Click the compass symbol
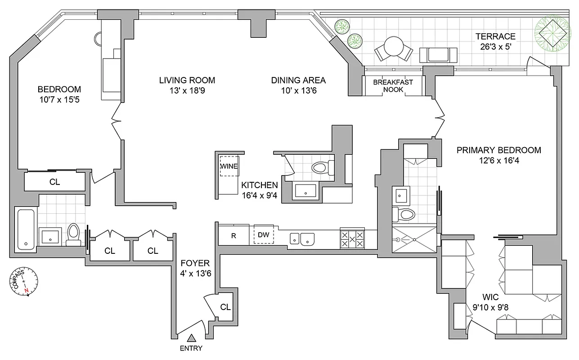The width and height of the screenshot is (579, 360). tap(24, 283)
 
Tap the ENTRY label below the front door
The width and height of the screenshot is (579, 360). tap(191, 348)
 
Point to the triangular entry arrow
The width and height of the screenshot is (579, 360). tap(192, 338)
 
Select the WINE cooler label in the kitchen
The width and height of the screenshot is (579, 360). tap(229, 166)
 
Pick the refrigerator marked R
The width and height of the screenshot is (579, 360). tap(233, 235)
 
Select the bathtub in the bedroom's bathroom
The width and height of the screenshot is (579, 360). tap(26, 229)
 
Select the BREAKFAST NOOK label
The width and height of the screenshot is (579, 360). tap(393, 85)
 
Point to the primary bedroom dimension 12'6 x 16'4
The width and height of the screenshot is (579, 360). tap(498, 160)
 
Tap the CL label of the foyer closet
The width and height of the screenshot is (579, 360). tap(225, 307)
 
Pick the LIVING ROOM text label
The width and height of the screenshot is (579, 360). tap(187, 80)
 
